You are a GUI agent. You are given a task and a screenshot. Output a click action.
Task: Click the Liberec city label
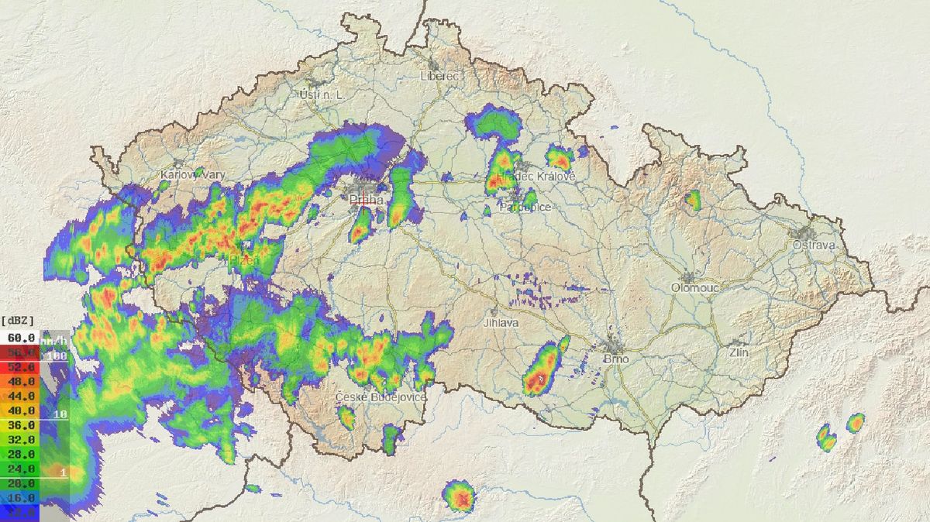[x=439, y=76]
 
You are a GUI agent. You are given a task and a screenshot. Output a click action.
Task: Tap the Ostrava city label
[x=814, y=245]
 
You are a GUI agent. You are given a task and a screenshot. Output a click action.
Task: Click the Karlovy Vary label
[x=192, y=175]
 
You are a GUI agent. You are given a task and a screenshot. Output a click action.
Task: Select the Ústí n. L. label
[x=321, y=94]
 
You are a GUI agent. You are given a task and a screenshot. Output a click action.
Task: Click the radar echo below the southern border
[x=460, y=496]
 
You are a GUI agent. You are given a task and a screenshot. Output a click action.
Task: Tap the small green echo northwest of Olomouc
[x=692, y=200]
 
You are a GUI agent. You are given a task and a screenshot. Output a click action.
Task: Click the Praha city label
[x=367, y=200]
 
